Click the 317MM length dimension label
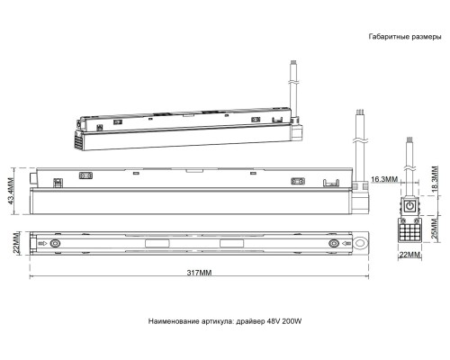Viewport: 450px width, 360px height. tap(199, 273)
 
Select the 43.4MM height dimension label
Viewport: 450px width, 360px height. tap(11, 189)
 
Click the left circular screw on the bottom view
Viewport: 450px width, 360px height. tap(56, 244)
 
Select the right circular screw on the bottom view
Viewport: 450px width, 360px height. tap(336, 244)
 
